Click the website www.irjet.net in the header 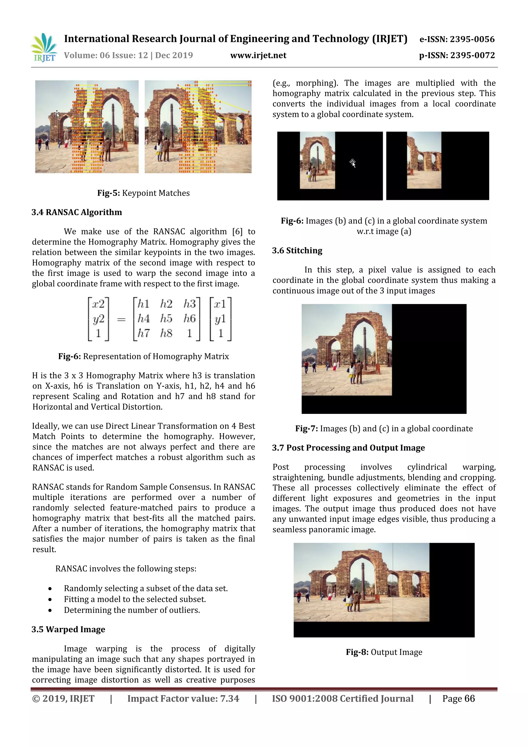click(x=258, y=56)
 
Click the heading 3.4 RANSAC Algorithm click(x=77, y=212)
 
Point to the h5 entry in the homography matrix click(x=166, y=318)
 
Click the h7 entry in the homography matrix click(x=143, y=333)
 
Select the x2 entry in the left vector click(x=98, y=304)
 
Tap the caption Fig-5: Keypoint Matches click(x=143, y=193)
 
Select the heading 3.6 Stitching click(x=297, y=251)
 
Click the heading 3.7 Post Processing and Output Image click(x=348, y=448)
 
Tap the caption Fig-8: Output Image click(x=384, y=652)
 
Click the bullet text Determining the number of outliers click(x=132, y=610)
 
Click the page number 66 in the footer click(x=469, y=699)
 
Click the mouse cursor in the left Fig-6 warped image click(x=353, y=163)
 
